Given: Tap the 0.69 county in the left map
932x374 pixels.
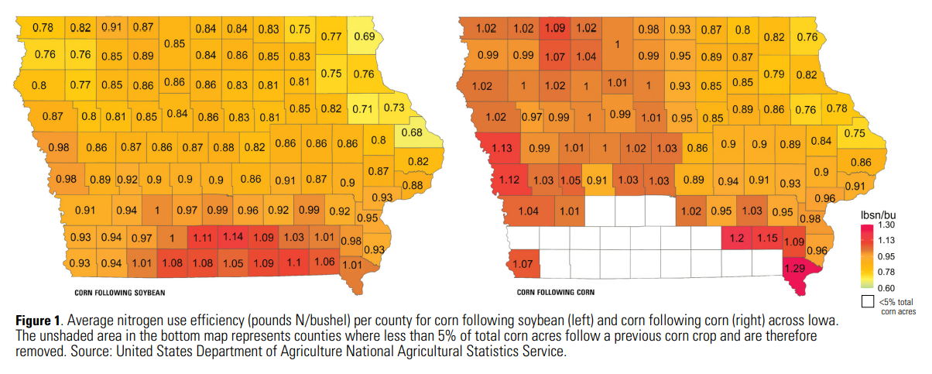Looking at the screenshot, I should coord(364,36).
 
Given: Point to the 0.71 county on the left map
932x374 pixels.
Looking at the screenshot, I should coord(363,108).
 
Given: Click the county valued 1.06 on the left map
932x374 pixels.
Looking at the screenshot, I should coord(324,262).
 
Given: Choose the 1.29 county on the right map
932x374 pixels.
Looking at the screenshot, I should coord(795,268).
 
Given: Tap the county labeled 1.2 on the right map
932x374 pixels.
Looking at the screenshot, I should coord(735,238).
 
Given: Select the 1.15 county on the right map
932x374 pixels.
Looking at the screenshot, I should coord(766,238).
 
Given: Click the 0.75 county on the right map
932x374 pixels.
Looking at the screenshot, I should coord(854,133).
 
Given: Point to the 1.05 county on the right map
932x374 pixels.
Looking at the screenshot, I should coord(571,180).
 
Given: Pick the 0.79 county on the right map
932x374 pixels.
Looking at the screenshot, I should coord(774,74).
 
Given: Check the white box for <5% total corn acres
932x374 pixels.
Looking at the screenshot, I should coord(867,302).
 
